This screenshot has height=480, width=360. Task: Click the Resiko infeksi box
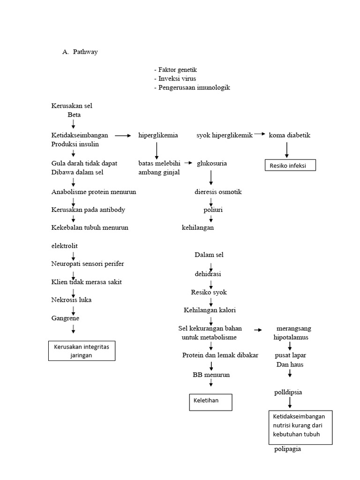pyautogui.click(x=290, y=165)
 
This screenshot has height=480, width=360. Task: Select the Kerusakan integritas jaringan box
pyautogui.click(x=82, y=351)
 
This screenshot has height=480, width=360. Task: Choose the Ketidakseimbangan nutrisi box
pyautogui.click(x=299, y=425)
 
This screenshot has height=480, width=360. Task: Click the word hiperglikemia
pyautogui.click(x=158, y=135)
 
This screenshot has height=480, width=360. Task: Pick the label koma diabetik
pyautogui.click(x=289, y=135)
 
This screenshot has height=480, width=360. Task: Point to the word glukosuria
pyautogui.click(x=212, y=163)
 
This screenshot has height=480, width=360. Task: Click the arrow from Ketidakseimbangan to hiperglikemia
pyautogui.click(x=123, y=136)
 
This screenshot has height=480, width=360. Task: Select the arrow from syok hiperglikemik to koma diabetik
pyautogui.click(x=260, y=134)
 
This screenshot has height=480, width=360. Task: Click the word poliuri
pyautogui.click(x=213, y=210)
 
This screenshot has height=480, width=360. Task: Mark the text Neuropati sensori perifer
pyautogui.click(x=88, y=263)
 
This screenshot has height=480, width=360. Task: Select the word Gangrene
pyautogui.click(x=65, y=318)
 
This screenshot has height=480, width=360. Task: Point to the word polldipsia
pyautogui.click(x=288, y=392)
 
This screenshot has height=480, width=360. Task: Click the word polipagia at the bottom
pyautogui.click(x=287, y=450)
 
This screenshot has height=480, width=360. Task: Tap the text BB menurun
pyautogui.click(x=211, y=375)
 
